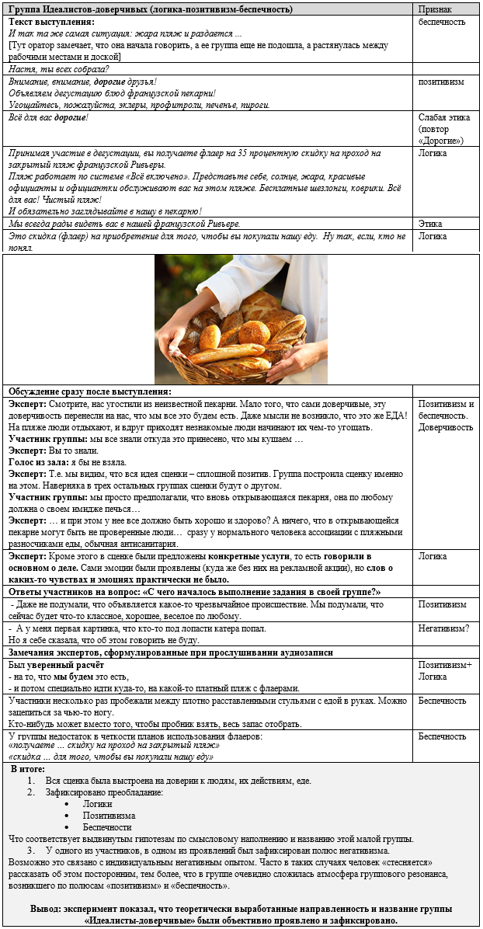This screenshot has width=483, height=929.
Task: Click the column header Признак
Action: pos(435,9)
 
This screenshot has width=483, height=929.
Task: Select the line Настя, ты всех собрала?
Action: pos(59,69)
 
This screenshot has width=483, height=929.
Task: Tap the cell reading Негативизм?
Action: pos(444,628)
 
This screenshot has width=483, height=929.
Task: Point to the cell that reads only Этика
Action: pos(431,224)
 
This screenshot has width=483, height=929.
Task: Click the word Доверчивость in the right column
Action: pos(446,427)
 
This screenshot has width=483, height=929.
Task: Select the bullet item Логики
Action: pos(97,804)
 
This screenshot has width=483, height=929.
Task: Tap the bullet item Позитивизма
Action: pos(109,816)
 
